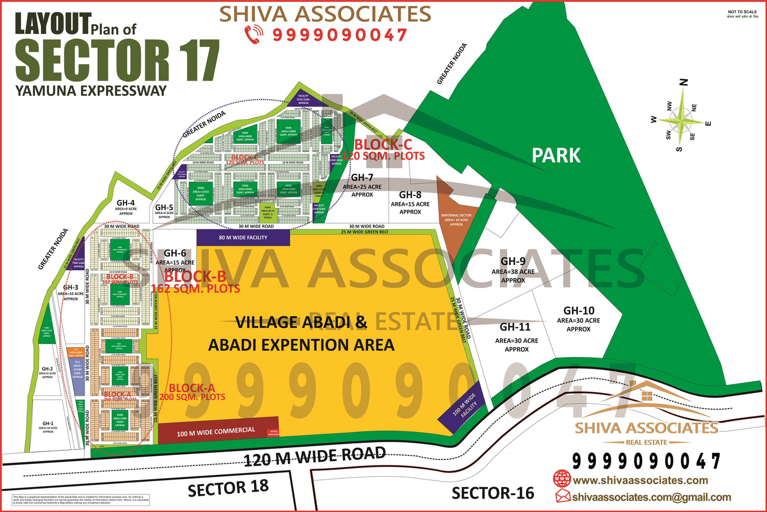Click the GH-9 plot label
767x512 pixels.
(x=513, y=262)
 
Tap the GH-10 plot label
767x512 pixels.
(x=579, y=310)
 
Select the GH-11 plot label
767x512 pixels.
(x=515, y=327)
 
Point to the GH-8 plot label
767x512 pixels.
(x=410, y=195)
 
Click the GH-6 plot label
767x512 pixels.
(x=175, y=253)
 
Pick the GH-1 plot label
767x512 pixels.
(x=48, y=424)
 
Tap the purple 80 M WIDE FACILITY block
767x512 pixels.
(x=243, y=237)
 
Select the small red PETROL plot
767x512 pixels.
(x=273, y=433)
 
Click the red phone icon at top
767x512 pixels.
(x=254, y=34)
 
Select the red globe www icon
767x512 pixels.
(x=562, y=479)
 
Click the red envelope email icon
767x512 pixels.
(x=563, y=496)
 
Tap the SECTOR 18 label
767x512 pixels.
(x=228, y=488)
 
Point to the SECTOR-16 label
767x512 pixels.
(x=493, y=493)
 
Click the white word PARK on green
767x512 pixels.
(x=556, y=156)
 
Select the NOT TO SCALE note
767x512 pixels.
(x=742, y=12)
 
